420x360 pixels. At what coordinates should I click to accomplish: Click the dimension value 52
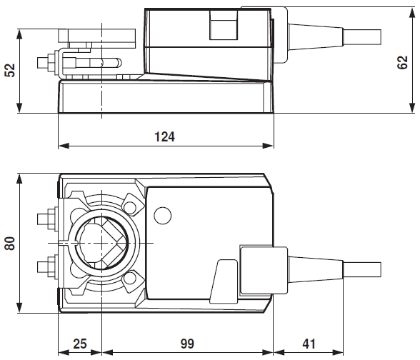click(x=9, y=70)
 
